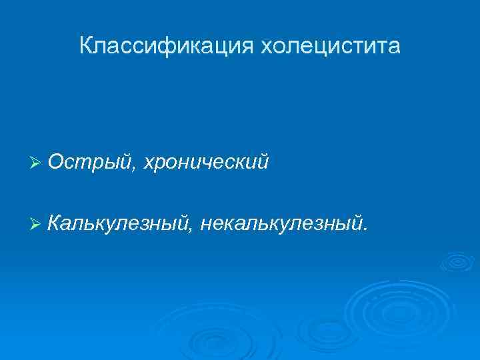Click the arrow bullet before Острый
tap(37, 162)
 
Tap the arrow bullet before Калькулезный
tap(37, 221)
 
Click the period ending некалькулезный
tap(365, 227)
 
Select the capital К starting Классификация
tap(85, 46)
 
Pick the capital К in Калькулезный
tap(55, 221)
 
